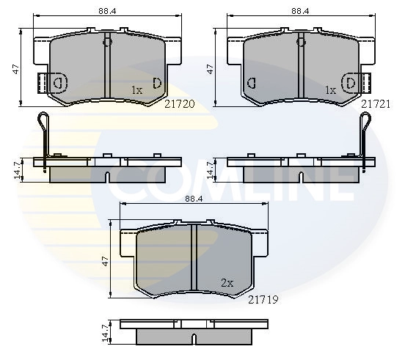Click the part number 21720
pyautogui.click(x=180, y=104)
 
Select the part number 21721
pyautogui.click(x=376, y=104)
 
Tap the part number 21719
pyautogui.click(x=263, y=300)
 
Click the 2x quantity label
pyautogui.click(x=227, y=283)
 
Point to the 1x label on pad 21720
pyautogui.click(x=137, y=90)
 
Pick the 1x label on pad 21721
pyautogui.click(x=331, y=90)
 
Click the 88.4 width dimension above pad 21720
pyautogui.click(x=107, y=11)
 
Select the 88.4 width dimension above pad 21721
pyautogui.click(x=300, y=11)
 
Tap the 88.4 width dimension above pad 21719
pyautogui.click(x=194, y=199)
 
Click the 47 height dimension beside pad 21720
pyautogui.click(x=16, y=69)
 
